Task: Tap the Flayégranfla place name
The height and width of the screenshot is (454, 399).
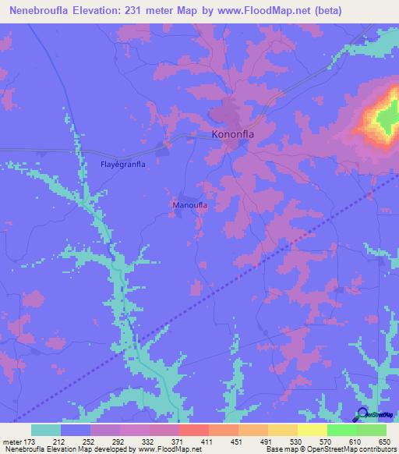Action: pos(124,165)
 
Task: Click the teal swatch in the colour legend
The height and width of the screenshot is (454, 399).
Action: pos(46,430)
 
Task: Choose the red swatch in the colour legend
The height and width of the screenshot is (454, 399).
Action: pos(193,430)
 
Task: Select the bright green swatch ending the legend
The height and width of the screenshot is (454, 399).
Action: pos(371,430)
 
